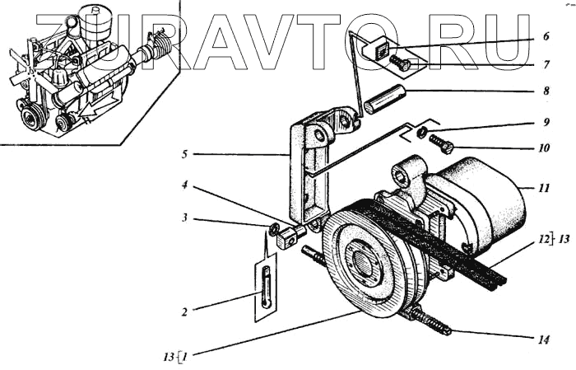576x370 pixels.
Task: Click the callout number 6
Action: tap(546, 37)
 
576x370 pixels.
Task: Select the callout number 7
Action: tap(546, 63)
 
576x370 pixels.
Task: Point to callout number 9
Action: tap(546, 123)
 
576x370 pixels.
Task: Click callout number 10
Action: tap(546, 149)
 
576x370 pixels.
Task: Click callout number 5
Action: tap(186, 152)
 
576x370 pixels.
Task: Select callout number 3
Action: tap(186, 218)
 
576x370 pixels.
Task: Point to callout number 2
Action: tap(186, 311)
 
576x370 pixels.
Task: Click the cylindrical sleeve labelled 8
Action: tap(384, 105)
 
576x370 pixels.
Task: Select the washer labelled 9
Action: tap(420, 133)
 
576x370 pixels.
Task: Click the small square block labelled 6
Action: tap(380, 49)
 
